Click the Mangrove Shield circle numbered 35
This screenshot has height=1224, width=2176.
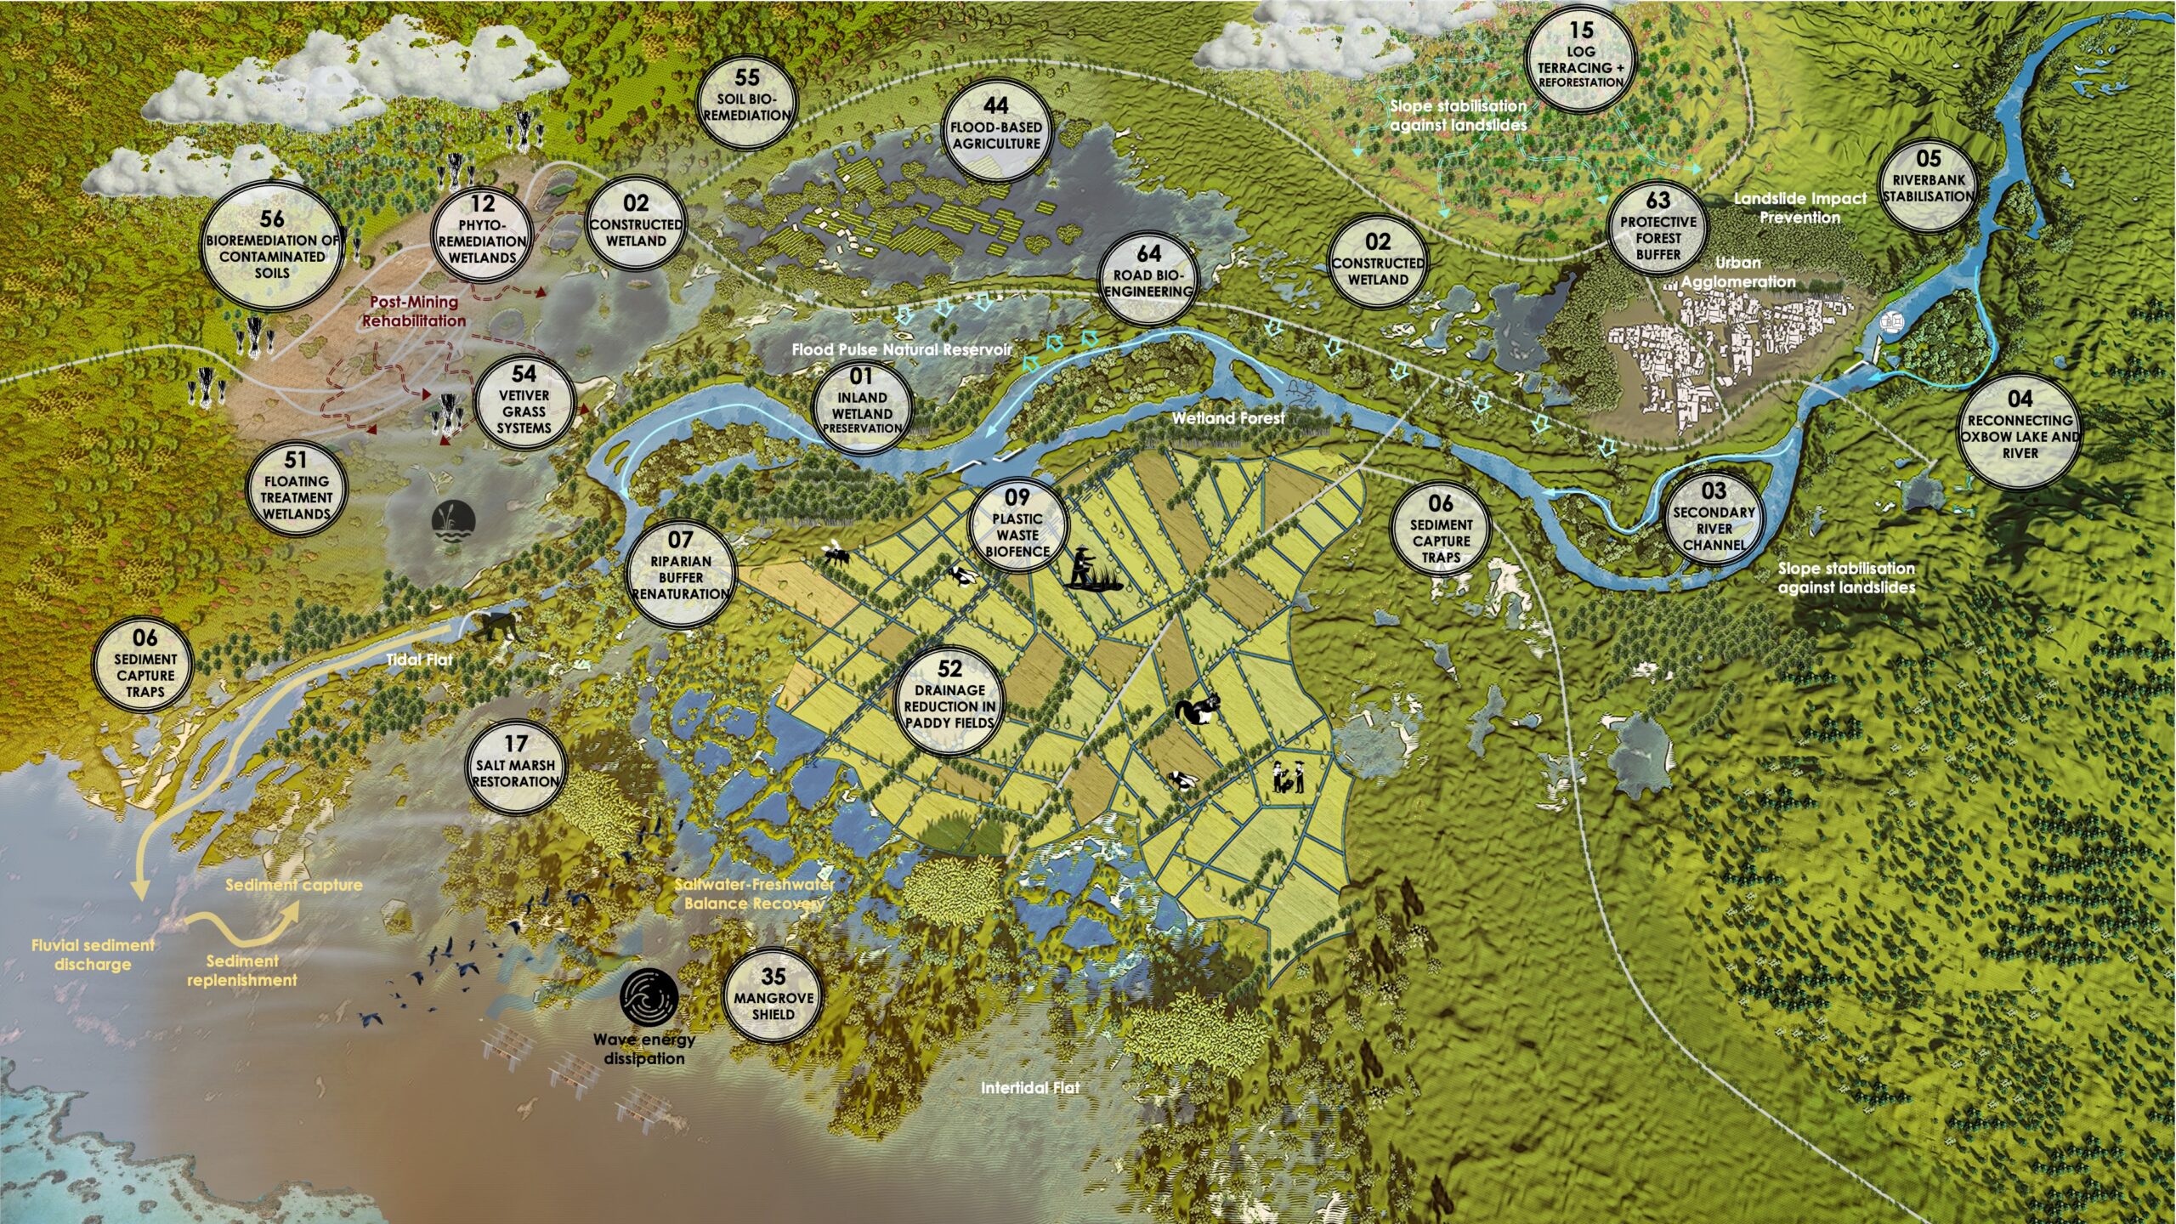tap(773, 995)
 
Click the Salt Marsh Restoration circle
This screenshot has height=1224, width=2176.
tap(516, 764)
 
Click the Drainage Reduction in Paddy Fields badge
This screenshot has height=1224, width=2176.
tap(949, 697)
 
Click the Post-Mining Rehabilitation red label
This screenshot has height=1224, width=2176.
tap(414, 311)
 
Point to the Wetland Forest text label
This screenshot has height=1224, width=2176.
tap(1227, 418)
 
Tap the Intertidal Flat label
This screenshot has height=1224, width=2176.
tap(1030, 1088)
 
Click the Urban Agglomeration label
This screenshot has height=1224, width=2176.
tap(1738, 272)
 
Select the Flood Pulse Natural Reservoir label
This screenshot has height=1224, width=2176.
tap(902, 349)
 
